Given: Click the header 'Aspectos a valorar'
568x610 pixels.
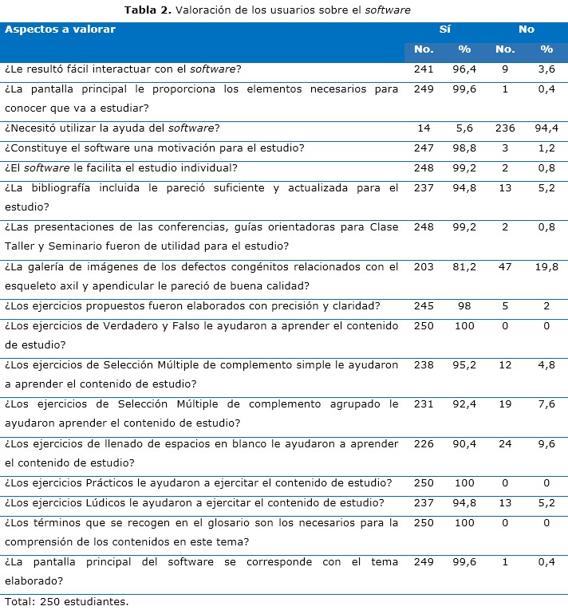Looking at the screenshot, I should pos(61,30).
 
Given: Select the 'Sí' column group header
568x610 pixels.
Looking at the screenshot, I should pos(445,30).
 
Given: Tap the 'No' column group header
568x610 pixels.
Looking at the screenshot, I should pos(526,30).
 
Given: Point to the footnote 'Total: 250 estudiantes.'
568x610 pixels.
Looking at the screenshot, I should pos(66,600).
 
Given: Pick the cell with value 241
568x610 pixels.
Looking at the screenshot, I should pos(424,69).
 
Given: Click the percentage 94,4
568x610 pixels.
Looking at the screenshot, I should pos(546,128).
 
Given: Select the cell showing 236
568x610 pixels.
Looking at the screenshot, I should pos(505,128).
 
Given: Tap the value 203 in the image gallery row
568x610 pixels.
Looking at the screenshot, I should pos(424,267).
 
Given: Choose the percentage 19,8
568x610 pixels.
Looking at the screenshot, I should pos(546,267).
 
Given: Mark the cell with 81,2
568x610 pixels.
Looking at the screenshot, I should pos(464,267).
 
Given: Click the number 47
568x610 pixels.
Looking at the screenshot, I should pos(505,267).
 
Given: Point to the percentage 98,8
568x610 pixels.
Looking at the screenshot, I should pos(464,148).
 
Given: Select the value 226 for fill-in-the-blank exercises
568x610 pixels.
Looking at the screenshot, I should pos(424,444).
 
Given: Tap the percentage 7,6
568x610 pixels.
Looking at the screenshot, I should pos(546,404).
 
